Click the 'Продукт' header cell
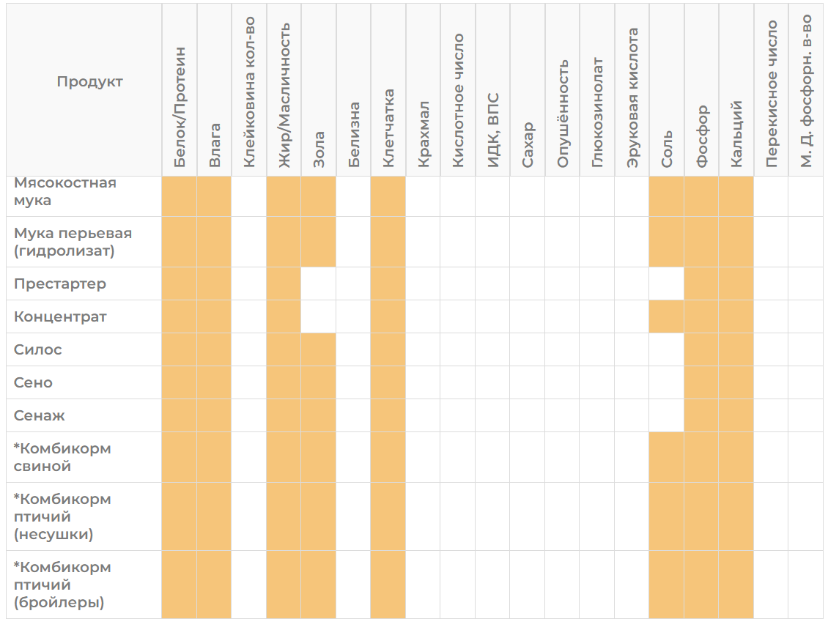pos(90,82)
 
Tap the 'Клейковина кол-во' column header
pos(249,92)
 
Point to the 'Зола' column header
pos(319,150)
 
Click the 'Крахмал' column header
pos(423,135)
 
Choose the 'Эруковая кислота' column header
pos(632,98)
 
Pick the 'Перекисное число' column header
pos(771,94)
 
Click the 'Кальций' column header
pos(736,134)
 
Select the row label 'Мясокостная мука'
pos(65,191)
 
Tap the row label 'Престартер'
pos(59,284)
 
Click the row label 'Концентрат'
pos(60,316)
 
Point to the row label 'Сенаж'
pos(39,416)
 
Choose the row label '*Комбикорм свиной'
pos(62,458)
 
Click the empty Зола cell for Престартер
pos(319,284)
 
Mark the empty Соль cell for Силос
pos(666,350)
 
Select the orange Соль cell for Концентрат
pos(666,316)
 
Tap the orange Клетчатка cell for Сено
pos(388,382)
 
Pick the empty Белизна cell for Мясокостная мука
pos(353,196)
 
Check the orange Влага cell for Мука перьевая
pos(214,242)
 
